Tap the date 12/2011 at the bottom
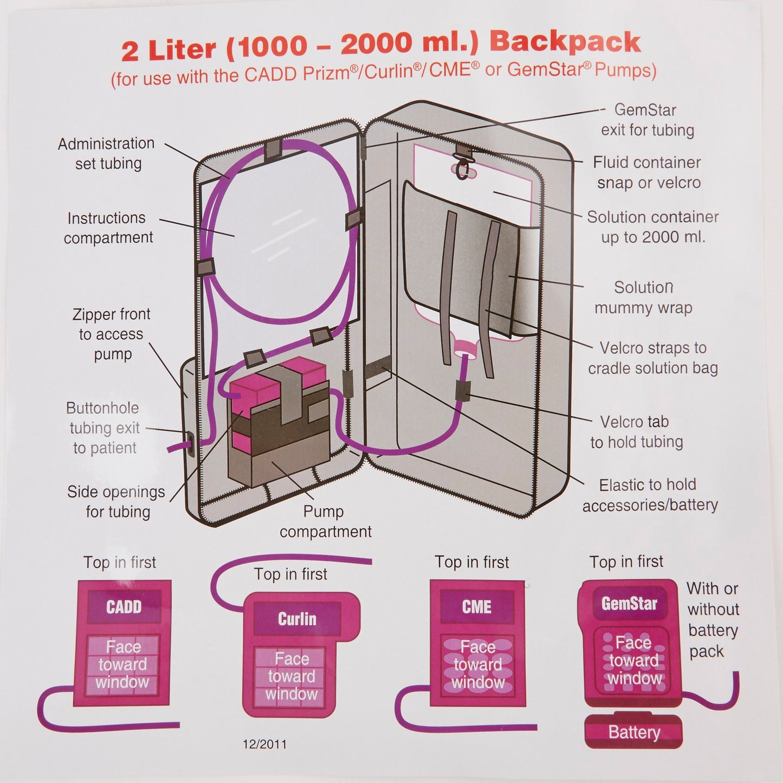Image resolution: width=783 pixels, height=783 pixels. click(x=264, y=744)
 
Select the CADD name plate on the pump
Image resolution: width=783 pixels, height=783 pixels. click(x=124, y=606)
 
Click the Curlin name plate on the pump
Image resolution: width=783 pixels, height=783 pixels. click(x=296, y=618)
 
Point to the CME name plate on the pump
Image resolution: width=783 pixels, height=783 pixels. click(x=476, y=606)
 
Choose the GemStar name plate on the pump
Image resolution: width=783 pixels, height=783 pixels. click(x=629, y=603)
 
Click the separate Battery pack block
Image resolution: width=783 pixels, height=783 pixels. click(x=633, y=732)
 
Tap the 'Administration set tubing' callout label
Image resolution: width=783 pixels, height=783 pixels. click(x=107, y=153)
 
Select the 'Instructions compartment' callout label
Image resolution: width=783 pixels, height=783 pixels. click(x=107, y=228)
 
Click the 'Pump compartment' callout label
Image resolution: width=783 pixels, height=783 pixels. click(x=325, y=521)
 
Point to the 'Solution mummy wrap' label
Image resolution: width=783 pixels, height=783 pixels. click(x=643, y=297)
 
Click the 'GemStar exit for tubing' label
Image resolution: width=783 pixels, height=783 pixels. click(x=646, y=120)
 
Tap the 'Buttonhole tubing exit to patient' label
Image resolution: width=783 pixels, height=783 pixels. click(x=104, y=428)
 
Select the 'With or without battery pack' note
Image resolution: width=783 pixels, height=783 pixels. click(x=712, y=620)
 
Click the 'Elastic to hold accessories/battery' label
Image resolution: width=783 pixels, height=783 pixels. click(x=649, y=495)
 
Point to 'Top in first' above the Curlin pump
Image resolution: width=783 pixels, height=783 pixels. click(x=290, y=574)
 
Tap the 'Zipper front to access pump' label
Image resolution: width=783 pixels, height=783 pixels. click(x=112, y=334)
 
